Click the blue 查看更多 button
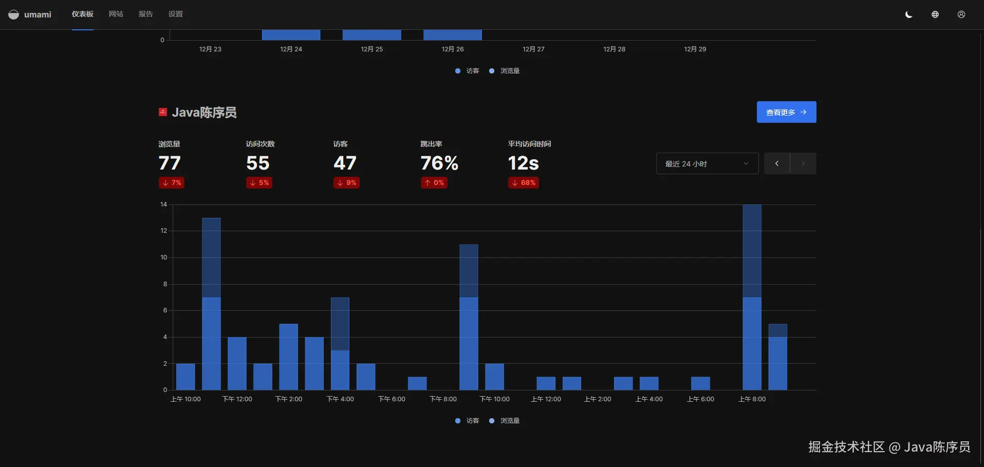(786, 112)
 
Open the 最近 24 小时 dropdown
(707, 164)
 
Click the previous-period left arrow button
(776, 164)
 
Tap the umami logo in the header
(30, 14)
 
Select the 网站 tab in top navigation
(116, 14)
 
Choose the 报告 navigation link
(145, 14)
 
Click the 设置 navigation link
(175, 14)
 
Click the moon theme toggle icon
(908, 14)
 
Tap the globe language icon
(935, 14)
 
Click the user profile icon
(961, 14)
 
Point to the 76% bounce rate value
(439, 163)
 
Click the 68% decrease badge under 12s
(523, 183)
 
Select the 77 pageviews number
(170, 163)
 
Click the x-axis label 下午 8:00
(443, 399)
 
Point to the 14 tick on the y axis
(163, 204)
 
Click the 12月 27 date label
(533, 49)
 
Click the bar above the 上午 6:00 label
(700, 383)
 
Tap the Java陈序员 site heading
(204, 113)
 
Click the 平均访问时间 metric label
(529, 144)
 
